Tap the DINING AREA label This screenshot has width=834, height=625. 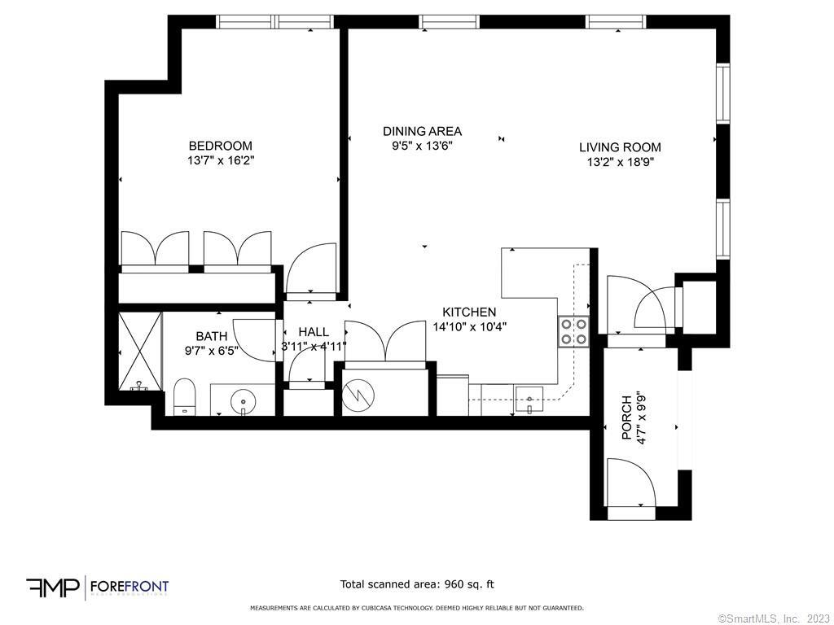coord(422,131)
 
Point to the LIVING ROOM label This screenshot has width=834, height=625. coord(620,147)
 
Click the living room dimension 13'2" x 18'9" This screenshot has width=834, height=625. coord(620,162)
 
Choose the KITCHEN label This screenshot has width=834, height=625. coord(469,312)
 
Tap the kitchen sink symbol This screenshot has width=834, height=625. coord(530,400)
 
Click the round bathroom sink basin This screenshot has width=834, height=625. coord(242,401)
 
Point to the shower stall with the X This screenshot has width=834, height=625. coord(140,351)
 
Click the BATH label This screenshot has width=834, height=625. coord(211,336)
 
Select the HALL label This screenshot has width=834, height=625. coord(314,332)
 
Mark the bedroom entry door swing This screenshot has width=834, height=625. coord(311,269)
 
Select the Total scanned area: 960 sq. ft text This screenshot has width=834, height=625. coord(417,584)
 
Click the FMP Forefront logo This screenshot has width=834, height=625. coord(98,587)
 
